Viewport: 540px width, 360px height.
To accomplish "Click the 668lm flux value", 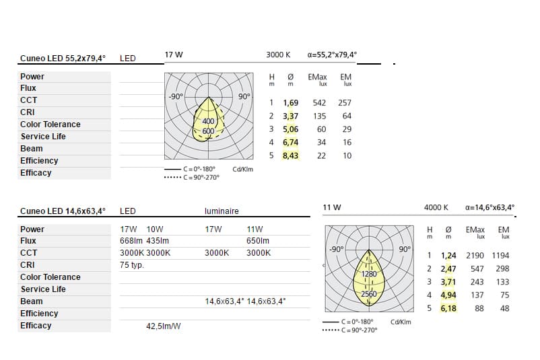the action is point(131,241).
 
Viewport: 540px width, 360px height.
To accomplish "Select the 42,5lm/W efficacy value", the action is point(163,326).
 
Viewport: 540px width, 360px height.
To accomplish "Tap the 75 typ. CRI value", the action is point(132,265).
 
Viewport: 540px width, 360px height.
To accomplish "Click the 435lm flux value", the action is point(158,241).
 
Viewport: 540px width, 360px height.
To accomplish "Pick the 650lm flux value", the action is point(258,241).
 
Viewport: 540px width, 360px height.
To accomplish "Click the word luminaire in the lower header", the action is point(222,211).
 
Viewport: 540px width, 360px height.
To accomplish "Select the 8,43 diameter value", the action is point(290,155).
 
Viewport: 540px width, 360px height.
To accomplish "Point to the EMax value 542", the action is point(319,103).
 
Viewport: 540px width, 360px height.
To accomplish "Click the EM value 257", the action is point(345,103).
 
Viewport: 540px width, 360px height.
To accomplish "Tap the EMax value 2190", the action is point(475,256).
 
